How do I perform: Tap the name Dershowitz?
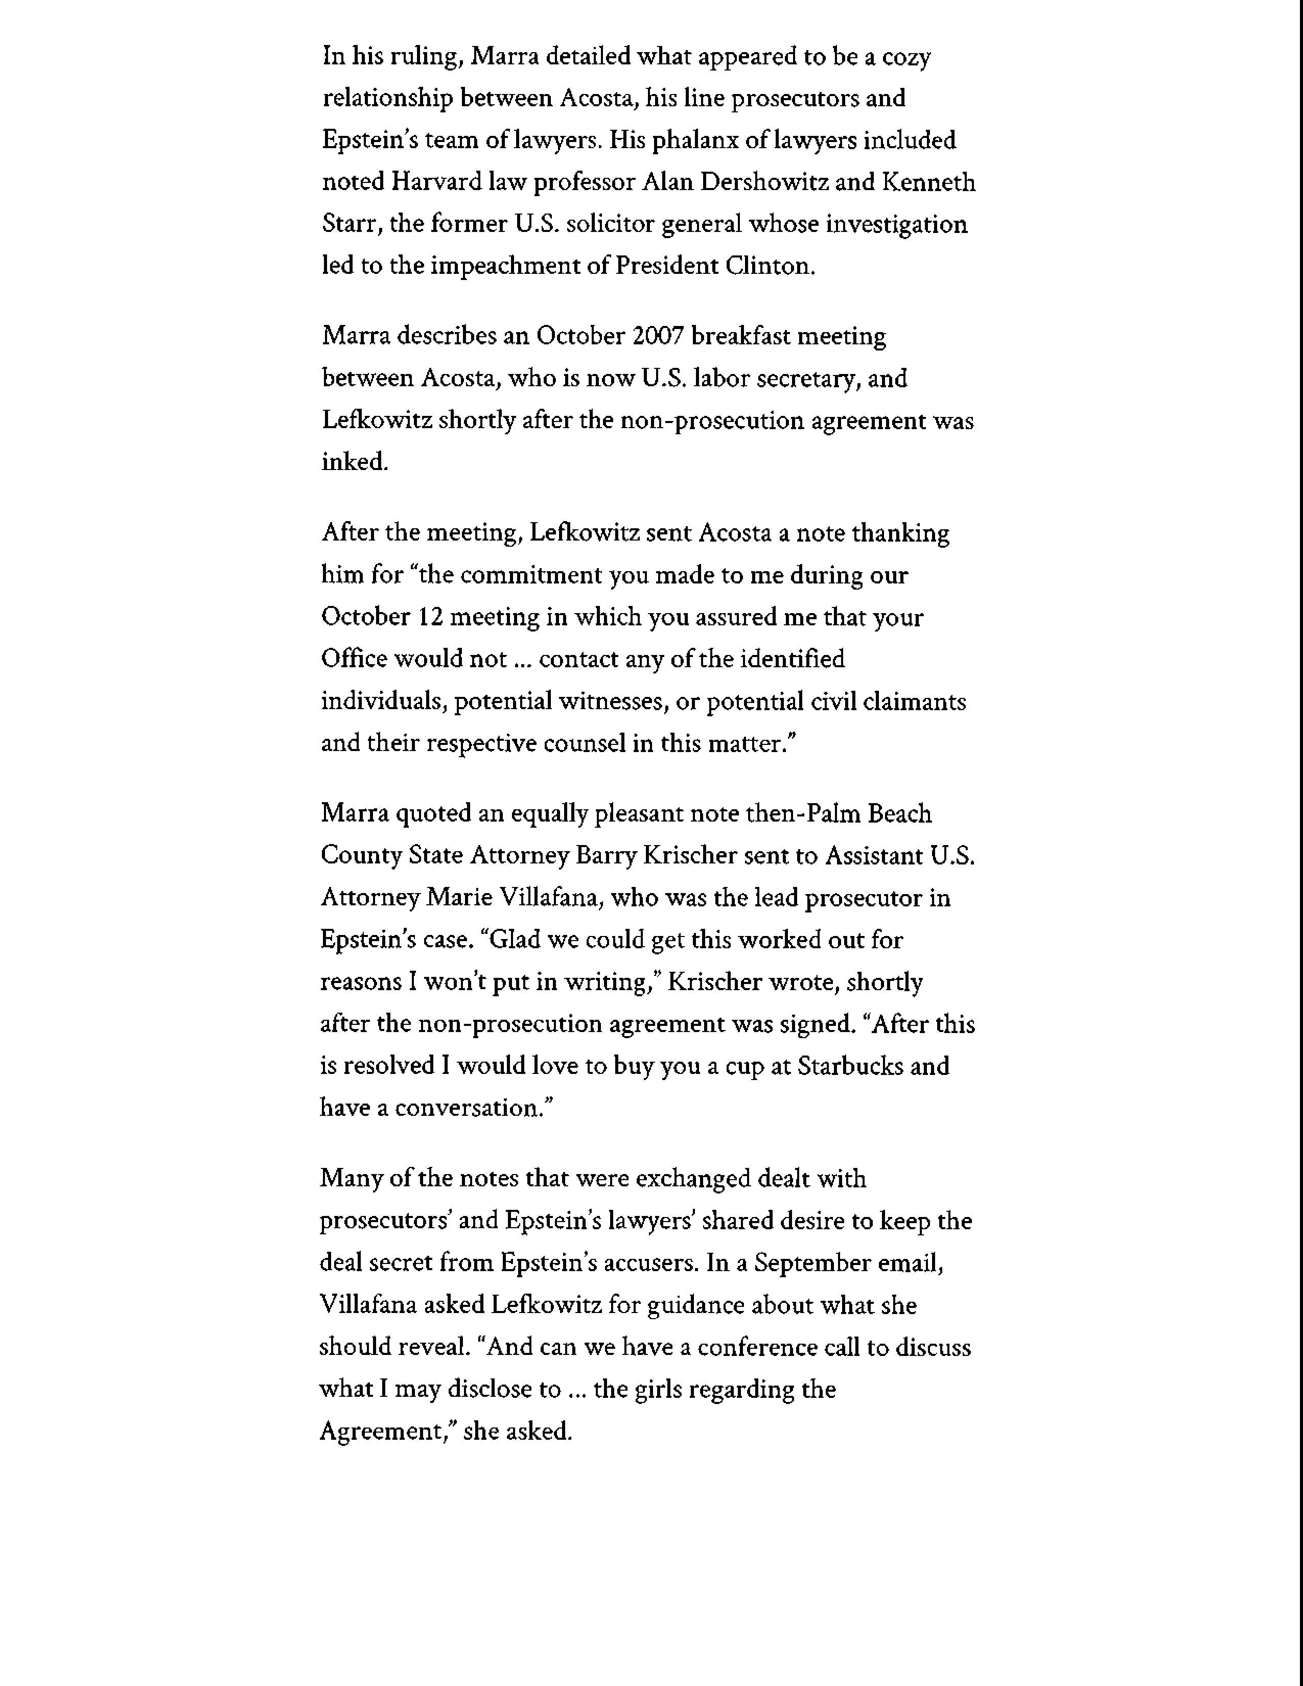tap(754, 182)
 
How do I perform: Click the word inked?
tap(354, 462)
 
